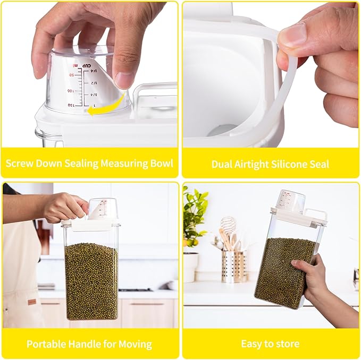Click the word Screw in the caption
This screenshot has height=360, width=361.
click(x=20, y=162)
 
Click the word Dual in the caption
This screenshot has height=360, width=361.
click(x=222, y=164)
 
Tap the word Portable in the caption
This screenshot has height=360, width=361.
click(x=46, y=344)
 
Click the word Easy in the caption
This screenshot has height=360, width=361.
click(x=251, y=344)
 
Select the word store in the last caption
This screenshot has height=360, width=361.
click(x=288, y=344)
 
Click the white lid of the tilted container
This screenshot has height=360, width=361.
click(x=298, y=216)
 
